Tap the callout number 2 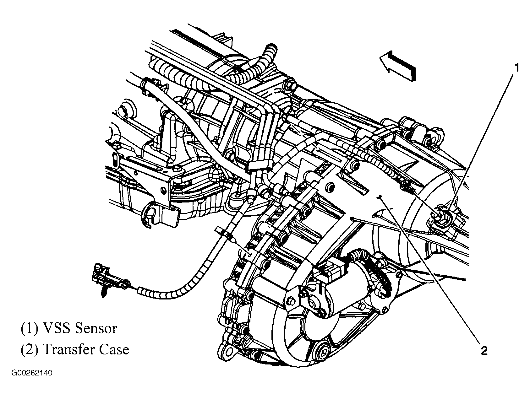pos(484,350)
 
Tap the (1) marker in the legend pos(30,329)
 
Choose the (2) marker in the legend pos(30,349)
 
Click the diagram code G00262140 pos(32,373)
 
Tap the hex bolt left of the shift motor pos(291,302)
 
